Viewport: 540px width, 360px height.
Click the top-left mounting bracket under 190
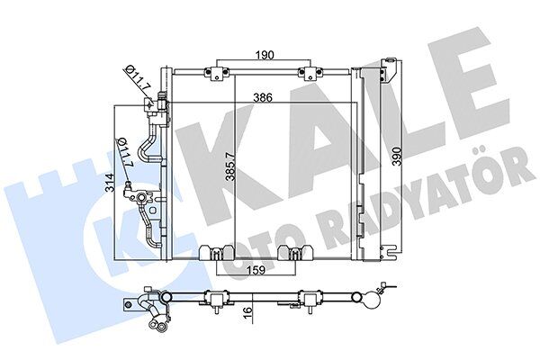(x=217, y=72)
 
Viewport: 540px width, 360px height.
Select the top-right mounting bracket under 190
(x=309, y=72)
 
